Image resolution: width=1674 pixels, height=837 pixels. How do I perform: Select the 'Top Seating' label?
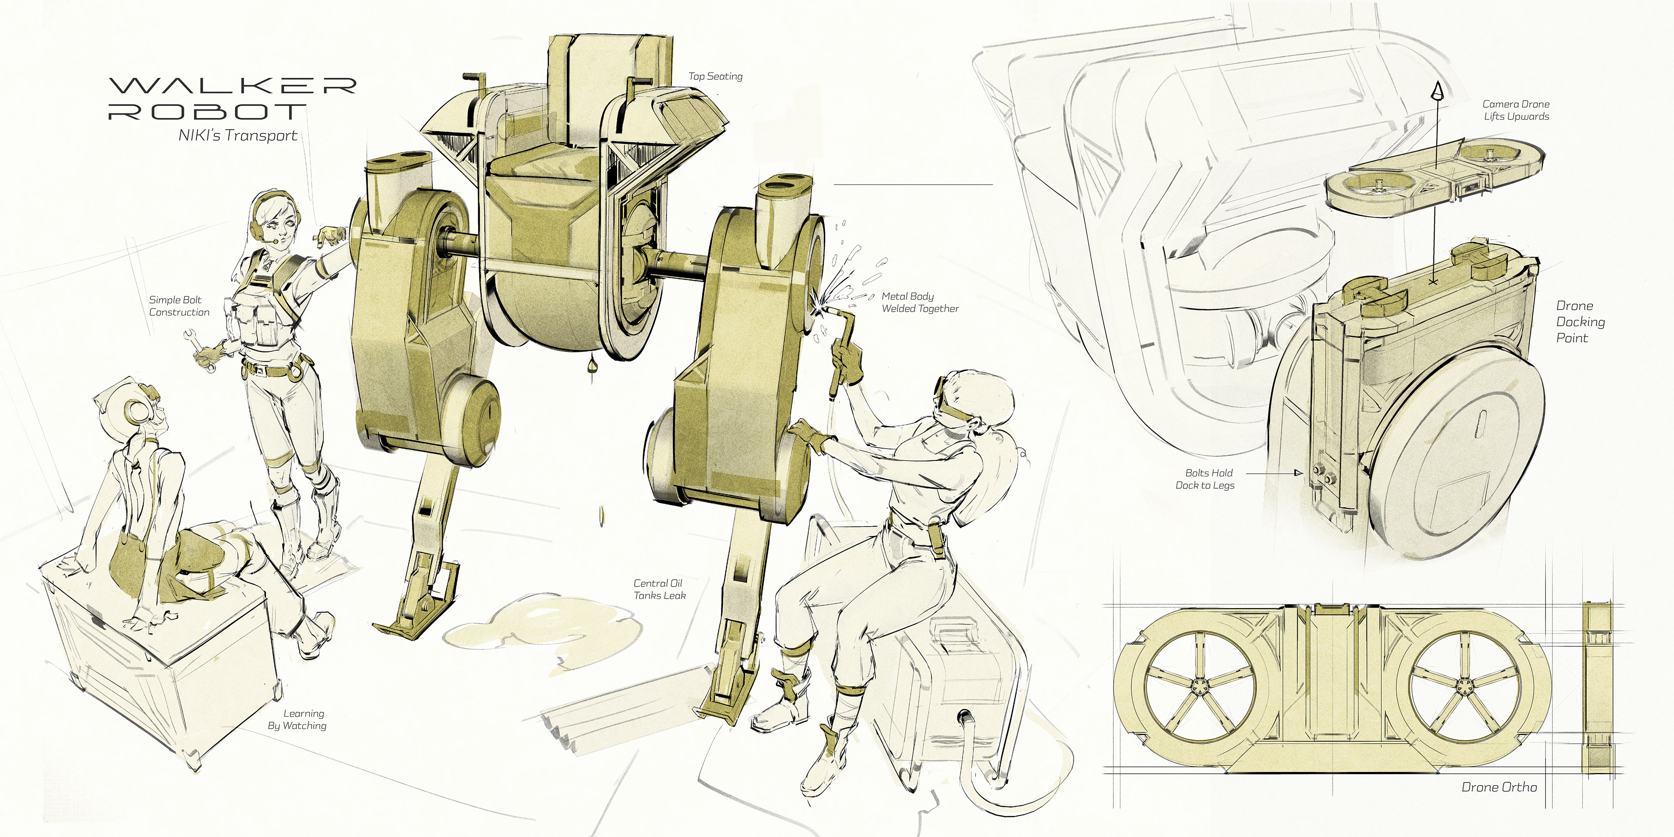click(x=715, y=76)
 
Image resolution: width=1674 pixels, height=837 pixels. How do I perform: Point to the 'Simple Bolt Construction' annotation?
click(x=179, y=306)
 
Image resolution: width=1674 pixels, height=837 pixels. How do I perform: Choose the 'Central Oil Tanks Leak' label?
click(x=660, y=589)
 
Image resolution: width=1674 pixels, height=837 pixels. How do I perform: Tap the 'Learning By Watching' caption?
click(x=298, y=719)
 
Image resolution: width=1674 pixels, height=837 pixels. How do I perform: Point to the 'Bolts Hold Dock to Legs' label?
click(x=1205, y=479)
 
